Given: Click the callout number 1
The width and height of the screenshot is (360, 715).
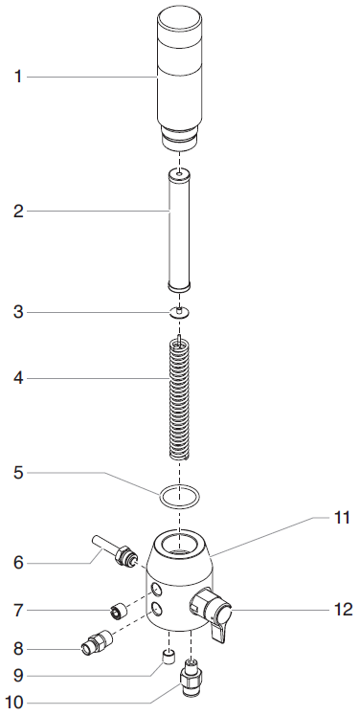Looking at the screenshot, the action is pyautogui.click(x=18, y=77).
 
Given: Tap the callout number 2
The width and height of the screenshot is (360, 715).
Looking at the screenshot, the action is pyautogui.click(x=18, y=212).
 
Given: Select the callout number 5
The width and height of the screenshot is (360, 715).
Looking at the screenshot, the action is pyautogui.click(x=18, y=473).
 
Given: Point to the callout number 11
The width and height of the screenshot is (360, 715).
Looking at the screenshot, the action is pyautogui.click(x=341, y=518).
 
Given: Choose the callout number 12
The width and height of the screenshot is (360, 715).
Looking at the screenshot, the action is pyautogui.click(x=342, y=609).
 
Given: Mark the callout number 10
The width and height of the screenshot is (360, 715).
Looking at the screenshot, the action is pyautogui.click(x=13, y=703).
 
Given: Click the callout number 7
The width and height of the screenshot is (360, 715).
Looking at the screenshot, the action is pyautogui.click(x=18, y=610).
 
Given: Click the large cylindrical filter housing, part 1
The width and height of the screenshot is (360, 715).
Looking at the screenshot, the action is pyautogui.click(x=179, y=79).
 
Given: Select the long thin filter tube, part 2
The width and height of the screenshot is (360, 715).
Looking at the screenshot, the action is pyautogui.click(x=179, y=231).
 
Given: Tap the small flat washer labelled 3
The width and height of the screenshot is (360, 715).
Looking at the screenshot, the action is pyautogui.click(x=179, y=312).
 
